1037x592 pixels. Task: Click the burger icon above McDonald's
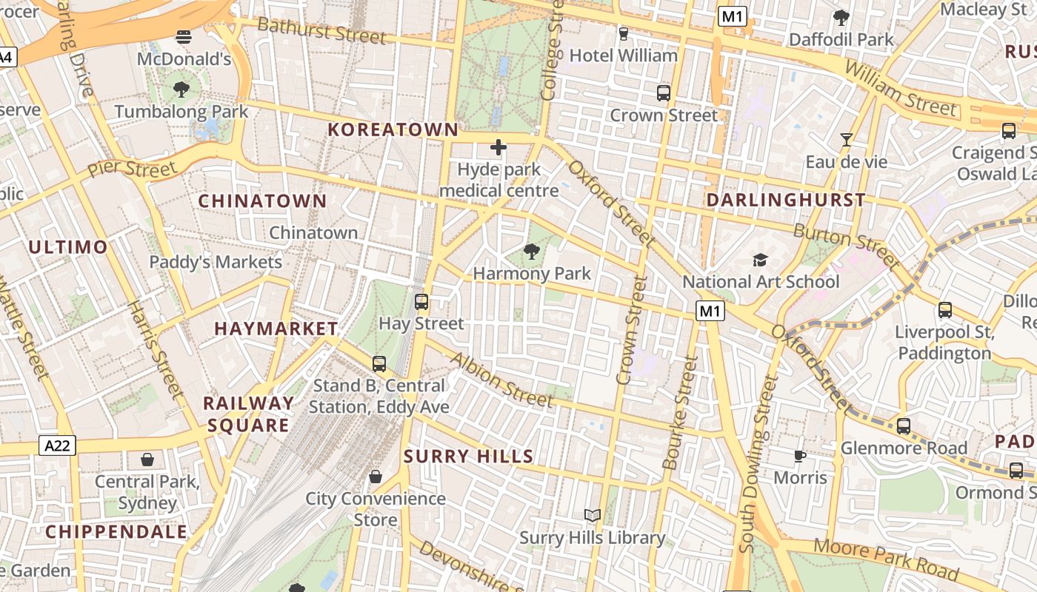pyautogui.click(x=184, y=36)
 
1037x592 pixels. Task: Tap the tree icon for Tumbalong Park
pyautogui.click(x=181, y=90)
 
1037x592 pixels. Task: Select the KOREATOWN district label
pyautogui.click(x=393, y=129)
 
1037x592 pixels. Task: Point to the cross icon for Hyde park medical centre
pyautogui.click(x=499, y=147)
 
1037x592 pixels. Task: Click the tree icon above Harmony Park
pyautogui.click(x=531, y=252)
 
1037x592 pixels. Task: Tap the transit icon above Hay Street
pyautogui.click(x=421, y=302)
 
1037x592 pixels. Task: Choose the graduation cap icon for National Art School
pyautogui.click(x=760, y=260)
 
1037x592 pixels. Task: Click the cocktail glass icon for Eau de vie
pyautogui.click(x=847, y=139)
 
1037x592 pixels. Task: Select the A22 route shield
pyautogui.click(x=57, y=445)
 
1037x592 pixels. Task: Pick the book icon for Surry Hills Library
pyautogui.click(x=592, y=515)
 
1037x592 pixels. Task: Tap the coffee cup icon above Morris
pyautogui.click(x=799, y=456)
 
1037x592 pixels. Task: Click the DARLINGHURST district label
pyautogui.click(x=786, y=200)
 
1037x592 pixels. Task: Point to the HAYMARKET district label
pyautogui.click(x=276, y=329)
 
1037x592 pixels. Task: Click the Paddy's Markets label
pyautogui.click(x=216, y=262)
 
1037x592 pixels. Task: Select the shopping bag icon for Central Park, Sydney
pyautogui.click(x=147, y=460)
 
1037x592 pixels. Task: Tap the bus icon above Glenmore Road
pyautogui.click(x=903, y=426)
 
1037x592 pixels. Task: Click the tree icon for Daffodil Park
pyautogui.click(x=841, y=17)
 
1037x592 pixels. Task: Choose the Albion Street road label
pyautogui.click(x=501, y=380)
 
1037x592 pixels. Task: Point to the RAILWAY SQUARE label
pyautogui.click(x=248, y=414)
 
